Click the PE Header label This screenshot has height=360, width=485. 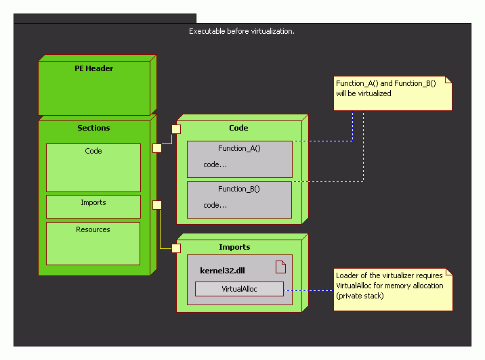[x=94, y=68]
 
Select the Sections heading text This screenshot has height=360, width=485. [x=93, y=128]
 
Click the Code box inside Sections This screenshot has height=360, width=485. [x=93, y=167]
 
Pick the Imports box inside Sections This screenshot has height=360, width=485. [x=93, y=206]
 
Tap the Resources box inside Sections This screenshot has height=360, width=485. [x=93, y=243]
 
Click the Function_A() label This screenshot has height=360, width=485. [x=239, y=148]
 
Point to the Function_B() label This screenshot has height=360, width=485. [x=239, y=189]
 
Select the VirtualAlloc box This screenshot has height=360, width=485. [x=239, y=289]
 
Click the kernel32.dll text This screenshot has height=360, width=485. [x=222, y=270]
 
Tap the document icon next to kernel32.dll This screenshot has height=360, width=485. [x=280, y=267]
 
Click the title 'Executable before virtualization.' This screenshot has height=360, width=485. [x=242, y=31]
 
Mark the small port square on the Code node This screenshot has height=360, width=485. [x=175, y=129]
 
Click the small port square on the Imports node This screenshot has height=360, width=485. [x=176, y=248]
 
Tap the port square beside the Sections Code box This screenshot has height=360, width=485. [x=157, y=148]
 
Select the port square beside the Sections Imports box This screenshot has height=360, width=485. [x=157, y=205]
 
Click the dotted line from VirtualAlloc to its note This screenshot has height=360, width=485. [x=309, y=290]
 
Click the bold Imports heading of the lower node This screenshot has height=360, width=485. [x=234, y=247]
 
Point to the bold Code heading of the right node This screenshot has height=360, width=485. [x=238, y=128]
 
